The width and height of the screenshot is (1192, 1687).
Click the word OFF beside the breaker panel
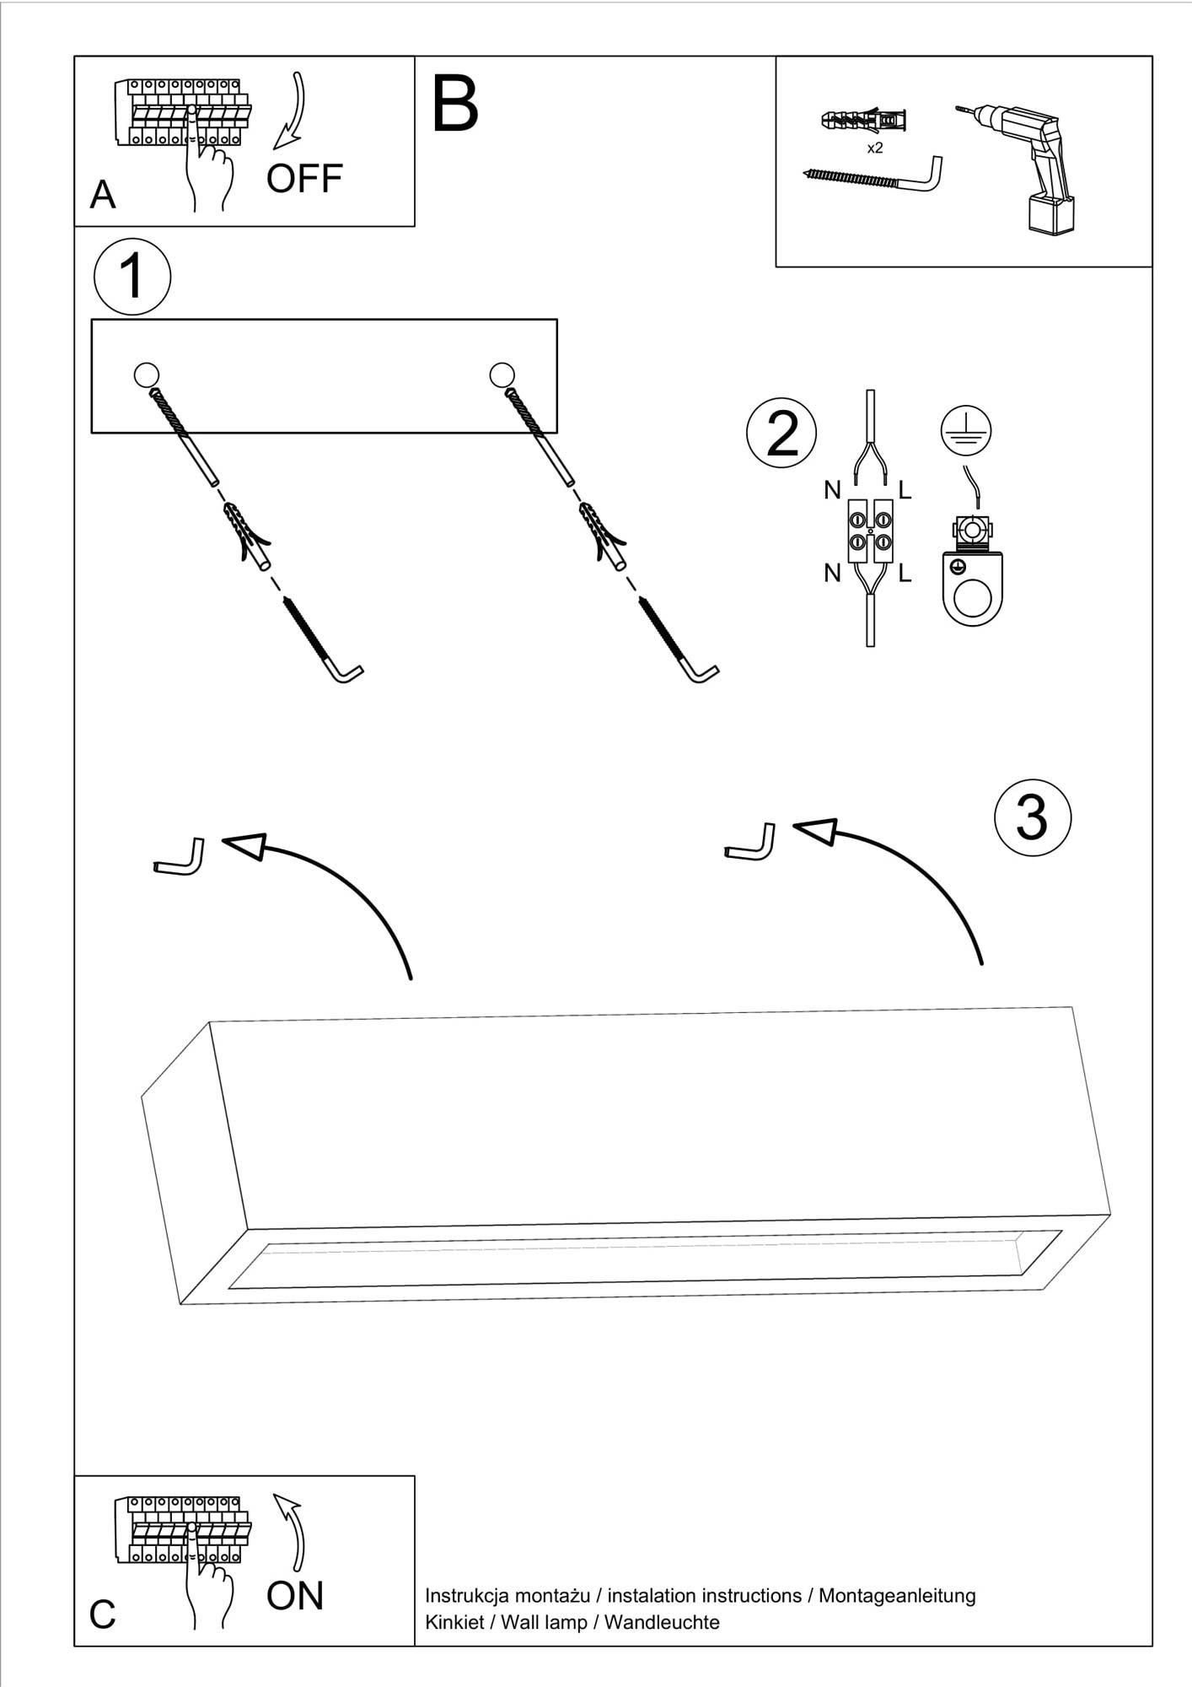pyautogui.click(x=304, y=178)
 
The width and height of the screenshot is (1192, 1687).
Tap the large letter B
pyautogui.click(x=454, y=105)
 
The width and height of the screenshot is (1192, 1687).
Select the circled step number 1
pyautogui.click(x=132, y=277)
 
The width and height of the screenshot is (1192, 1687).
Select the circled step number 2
pyautogui.click(x=781, y=434)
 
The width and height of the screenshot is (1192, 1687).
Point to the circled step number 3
pyautogui.click(x=1032, y=817)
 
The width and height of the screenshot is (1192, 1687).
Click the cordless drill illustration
pyautogui.click(x=1028, y=164)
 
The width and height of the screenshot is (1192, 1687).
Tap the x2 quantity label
pyautogui.click(x=875, y=148)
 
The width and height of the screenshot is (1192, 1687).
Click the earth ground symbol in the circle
pyautogui.click(x=966, y=430)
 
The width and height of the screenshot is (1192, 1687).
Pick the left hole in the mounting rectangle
pyautogui.click(x=146, y=374)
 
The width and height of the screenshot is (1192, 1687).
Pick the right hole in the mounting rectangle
pyautogui.click(x=502, y=374)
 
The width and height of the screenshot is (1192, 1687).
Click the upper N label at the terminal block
pyautogui.click(x=833, y=489)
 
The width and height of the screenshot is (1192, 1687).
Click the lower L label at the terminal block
pyautogui.click(x=905, y=574)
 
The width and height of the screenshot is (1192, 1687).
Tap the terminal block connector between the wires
pyautogui.click(x=870, y=531)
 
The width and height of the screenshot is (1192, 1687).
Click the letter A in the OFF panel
pyautogui.click(x=103, y=196)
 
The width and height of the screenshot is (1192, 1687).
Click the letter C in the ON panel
pyautogui.click(x=103, y=1615)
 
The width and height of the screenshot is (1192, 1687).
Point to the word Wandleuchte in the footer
pyautogui.click(x=662, y=1622)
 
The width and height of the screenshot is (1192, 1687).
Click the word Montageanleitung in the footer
pyautogui.click(x=897, y=1596)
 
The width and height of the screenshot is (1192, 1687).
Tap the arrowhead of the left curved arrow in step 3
pyautogui.click(x=244, y=845)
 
